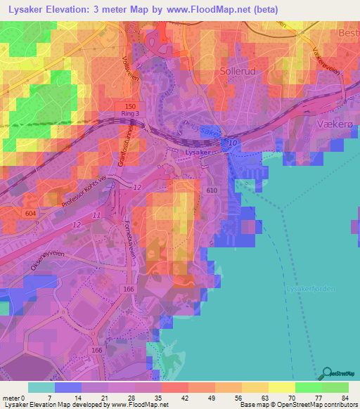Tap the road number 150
pos(131,105)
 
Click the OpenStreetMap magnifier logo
pos(326,373)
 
